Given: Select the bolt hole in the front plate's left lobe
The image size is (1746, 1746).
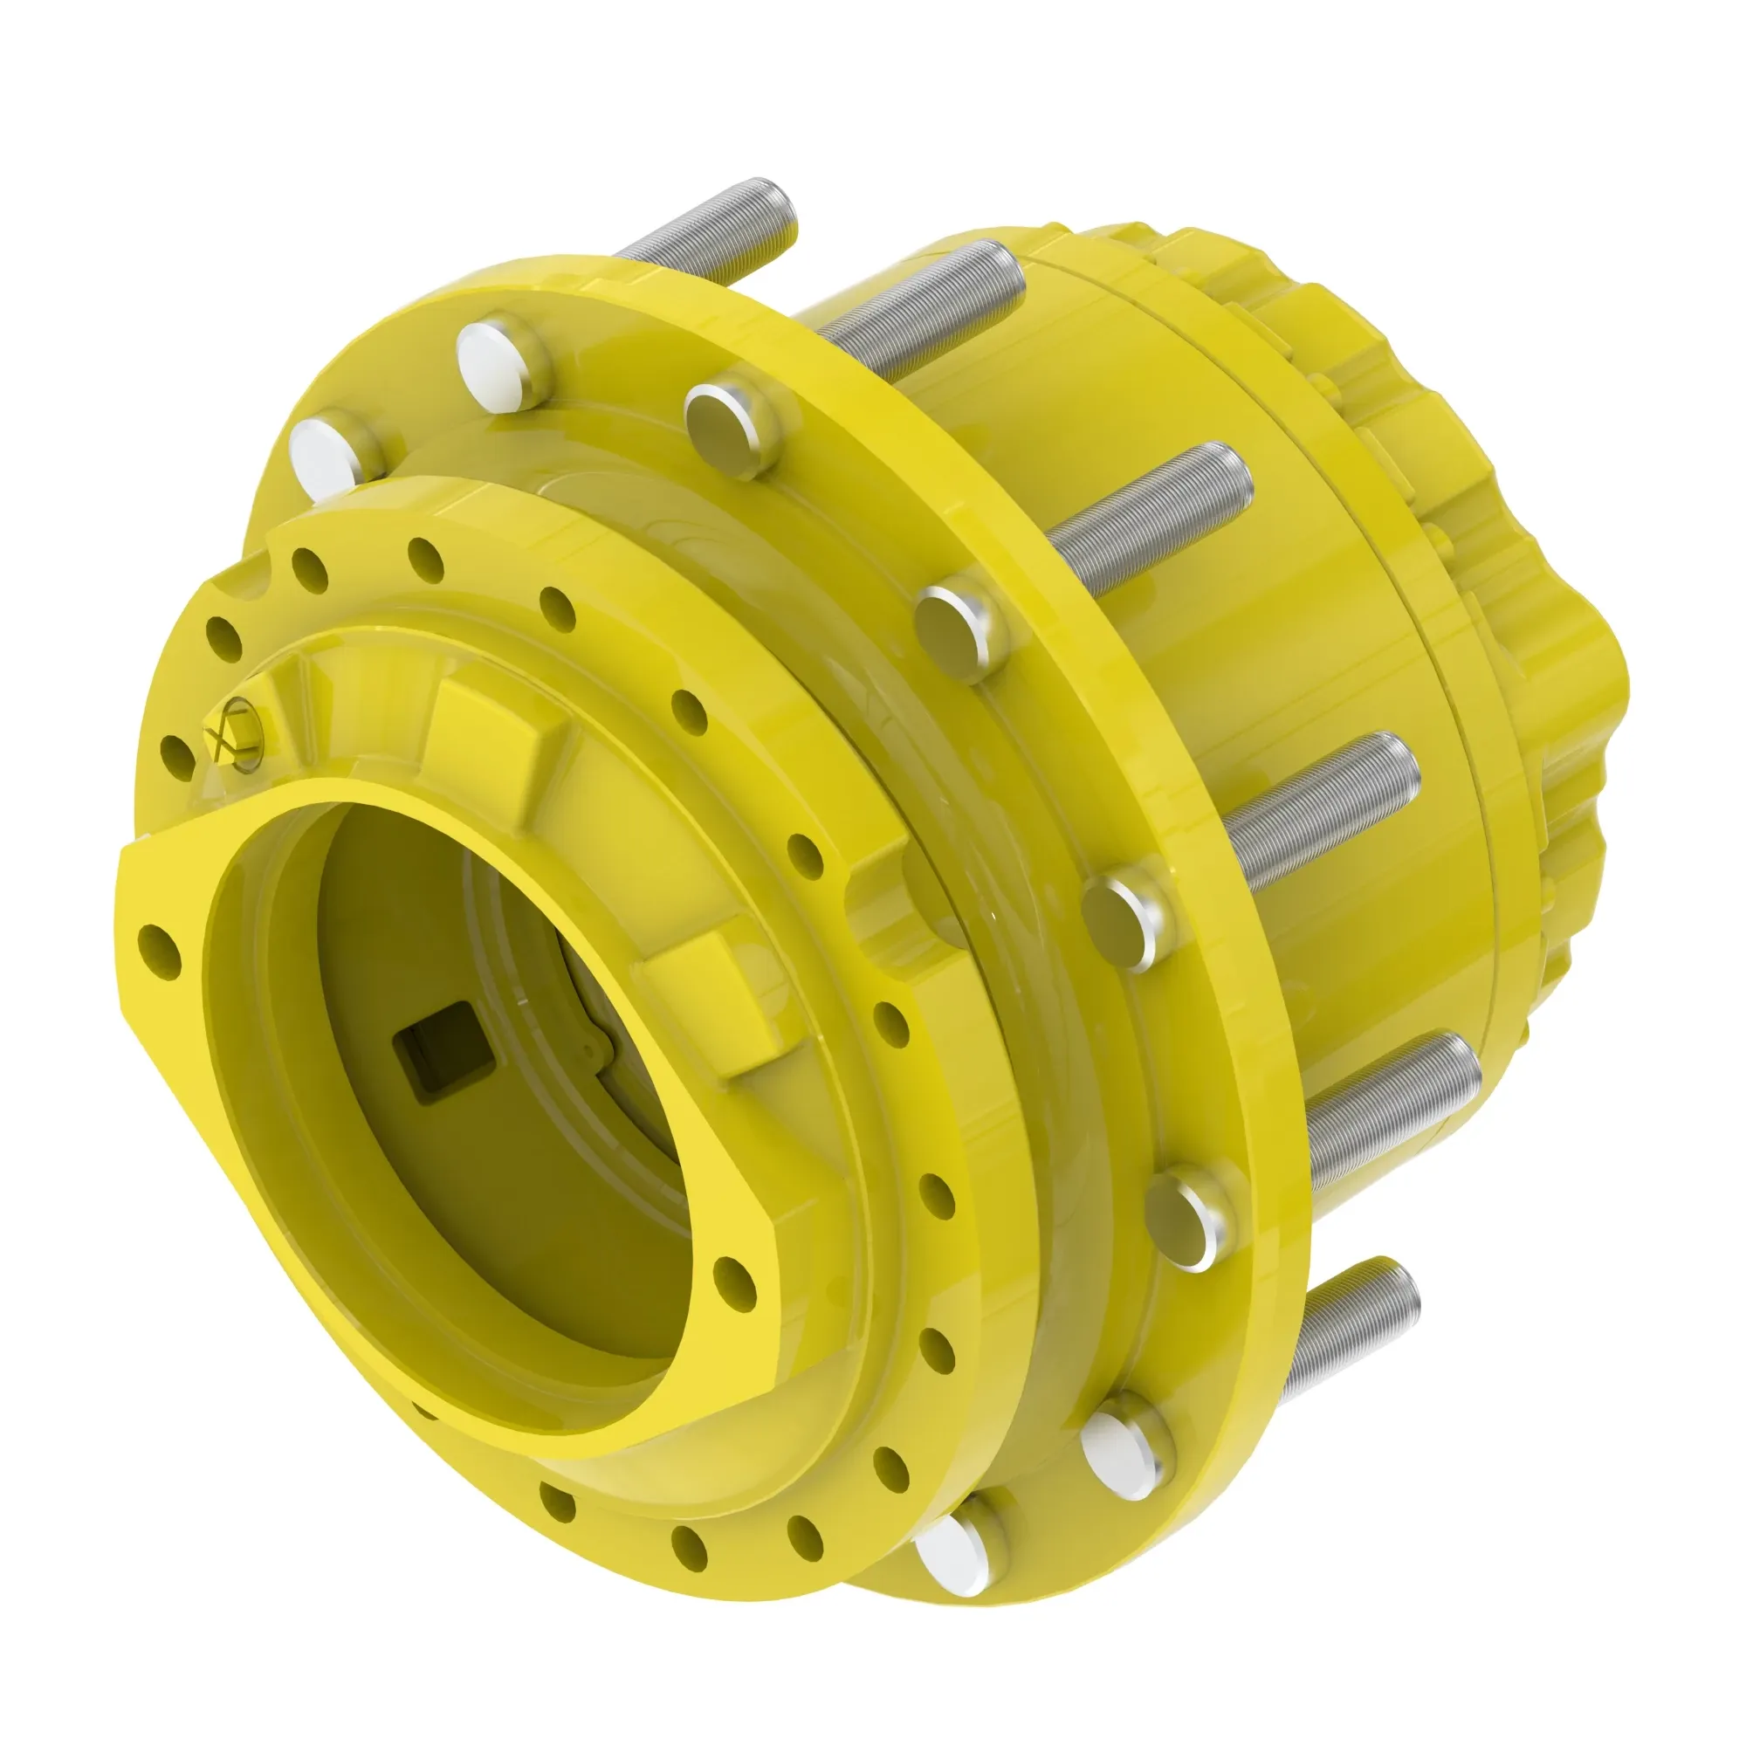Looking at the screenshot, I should tap(161, 949).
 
